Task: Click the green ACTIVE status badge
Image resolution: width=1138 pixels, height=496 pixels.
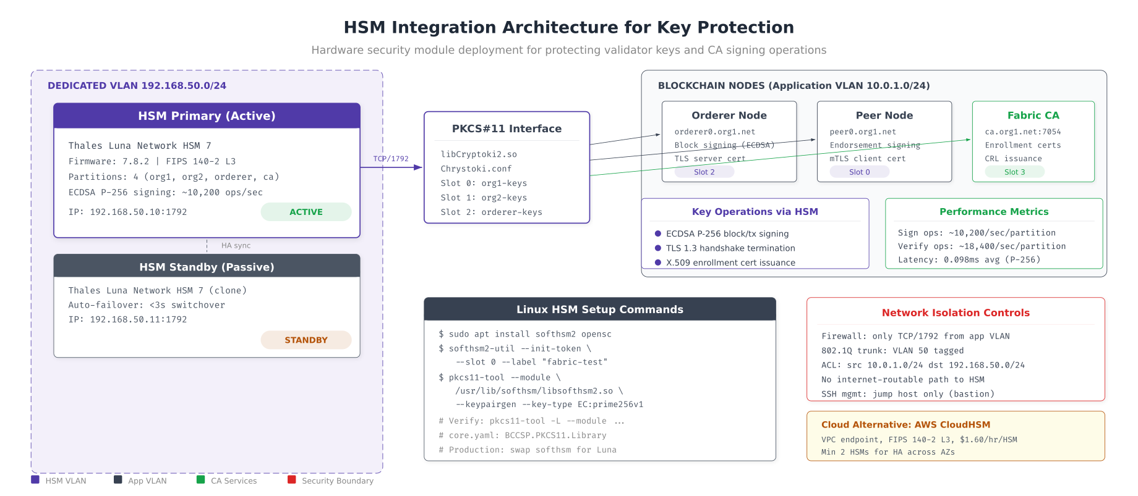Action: click(306, 212)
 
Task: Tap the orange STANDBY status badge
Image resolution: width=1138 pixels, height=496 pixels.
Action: click(306, 340)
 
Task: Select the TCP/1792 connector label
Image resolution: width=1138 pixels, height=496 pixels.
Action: click(391, 159)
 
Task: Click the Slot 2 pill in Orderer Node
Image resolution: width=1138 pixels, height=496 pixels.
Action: click(704, 172)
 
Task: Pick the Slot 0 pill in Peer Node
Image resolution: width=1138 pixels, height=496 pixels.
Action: click(859, 172)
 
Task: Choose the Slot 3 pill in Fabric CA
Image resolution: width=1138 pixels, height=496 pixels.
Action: click(1014, 172)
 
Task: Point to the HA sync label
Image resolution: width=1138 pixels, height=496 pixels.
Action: click(236, 246)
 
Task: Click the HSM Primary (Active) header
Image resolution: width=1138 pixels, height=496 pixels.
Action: click(207, 116)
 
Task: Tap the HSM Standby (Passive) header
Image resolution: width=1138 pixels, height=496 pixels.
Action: click(207, 267)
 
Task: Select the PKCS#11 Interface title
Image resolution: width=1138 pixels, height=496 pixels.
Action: click(507, 128)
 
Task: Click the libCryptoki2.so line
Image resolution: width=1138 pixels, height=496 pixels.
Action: click(479, 154)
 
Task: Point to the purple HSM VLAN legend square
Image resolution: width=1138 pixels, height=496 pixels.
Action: click(35, 479)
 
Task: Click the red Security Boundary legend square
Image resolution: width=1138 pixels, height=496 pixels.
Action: click(292, 479)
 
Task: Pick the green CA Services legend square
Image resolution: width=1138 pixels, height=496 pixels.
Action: click(200, 479)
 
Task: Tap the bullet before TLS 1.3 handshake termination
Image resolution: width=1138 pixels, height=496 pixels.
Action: click(658, 248)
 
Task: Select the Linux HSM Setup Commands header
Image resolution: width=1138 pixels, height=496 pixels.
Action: click(599, 309)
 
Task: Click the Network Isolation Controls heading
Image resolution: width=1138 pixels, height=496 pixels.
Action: click(956, 313)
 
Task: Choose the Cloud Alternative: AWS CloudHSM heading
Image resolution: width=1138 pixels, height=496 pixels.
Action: click(905, 424)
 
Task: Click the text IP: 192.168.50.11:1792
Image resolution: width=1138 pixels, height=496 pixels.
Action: click(127, 319)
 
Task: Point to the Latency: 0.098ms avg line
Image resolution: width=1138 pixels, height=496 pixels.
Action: click(969, 259)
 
